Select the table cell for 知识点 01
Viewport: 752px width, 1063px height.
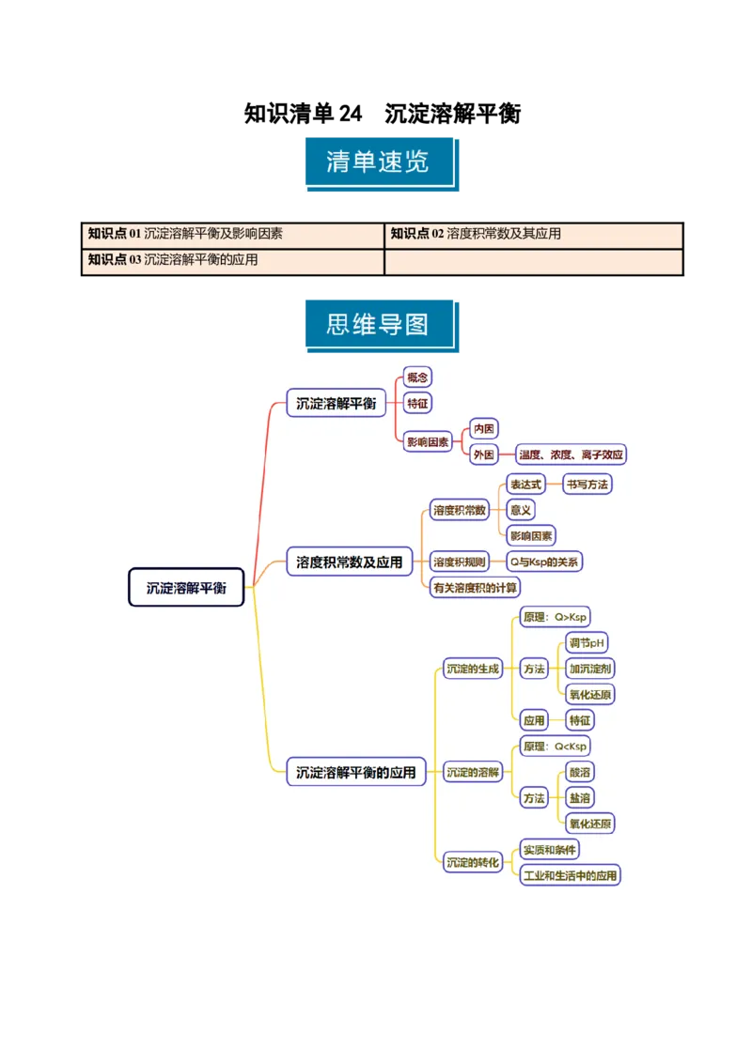tap(234, 235)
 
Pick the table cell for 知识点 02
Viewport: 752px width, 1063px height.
tap(533, 235)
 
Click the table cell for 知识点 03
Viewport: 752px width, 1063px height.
tap(234, 261)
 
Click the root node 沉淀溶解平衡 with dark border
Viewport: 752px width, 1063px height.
tap(186, 588)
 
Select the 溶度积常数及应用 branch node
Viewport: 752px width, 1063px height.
tap(349, 562)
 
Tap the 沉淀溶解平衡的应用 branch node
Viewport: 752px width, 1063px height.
tap(355, 773)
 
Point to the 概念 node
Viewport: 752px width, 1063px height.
tap(416, 377)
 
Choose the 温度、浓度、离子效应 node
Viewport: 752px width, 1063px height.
tap(571, 454)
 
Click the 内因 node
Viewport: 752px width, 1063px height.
tap(484, 429)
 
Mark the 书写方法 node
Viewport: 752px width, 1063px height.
tap(587, 485)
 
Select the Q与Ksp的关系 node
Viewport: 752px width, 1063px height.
tap(544, 562)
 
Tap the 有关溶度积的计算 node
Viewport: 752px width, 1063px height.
tap(474, 588)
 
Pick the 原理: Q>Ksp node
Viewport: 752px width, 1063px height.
tap(556, 617)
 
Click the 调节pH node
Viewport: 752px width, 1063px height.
tap(587, 643)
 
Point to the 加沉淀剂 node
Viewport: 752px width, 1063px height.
tap(590, 669)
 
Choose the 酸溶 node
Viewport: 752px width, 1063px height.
tap(580, 772)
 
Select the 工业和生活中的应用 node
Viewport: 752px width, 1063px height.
tap(570, 875)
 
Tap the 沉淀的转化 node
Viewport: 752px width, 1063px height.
tap(473, 862)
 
